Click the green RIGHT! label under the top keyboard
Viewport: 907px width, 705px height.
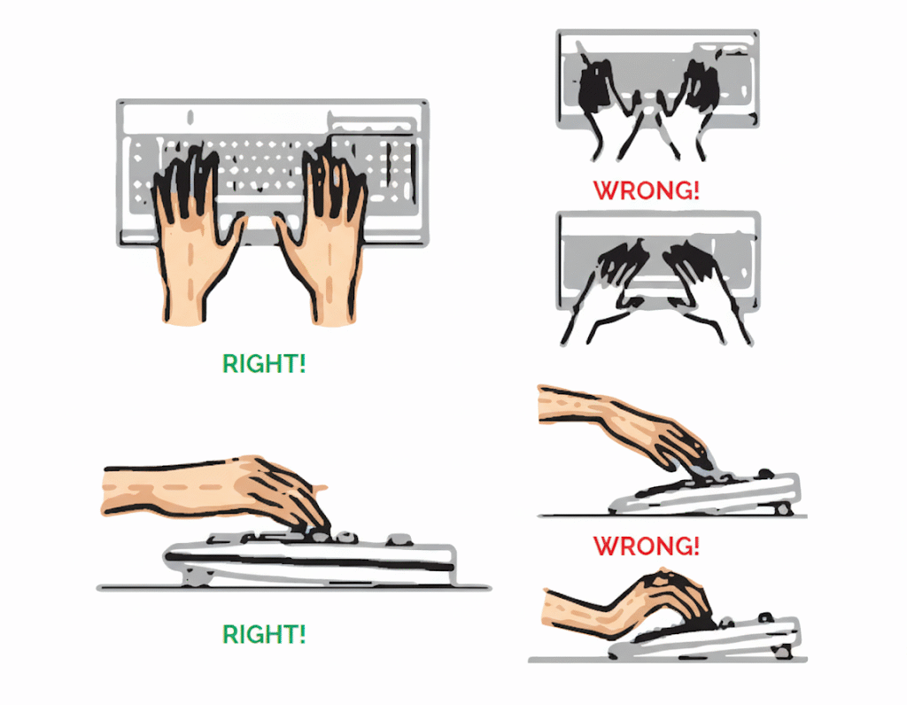pos(263,364)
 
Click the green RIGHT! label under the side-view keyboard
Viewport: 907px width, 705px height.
pos(263,634)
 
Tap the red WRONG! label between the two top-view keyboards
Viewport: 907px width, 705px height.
pos(646,190)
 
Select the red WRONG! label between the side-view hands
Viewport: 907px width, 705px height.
pos(646,546)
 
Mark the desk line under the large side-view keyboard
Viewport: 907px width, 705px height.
pos(292,587)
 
